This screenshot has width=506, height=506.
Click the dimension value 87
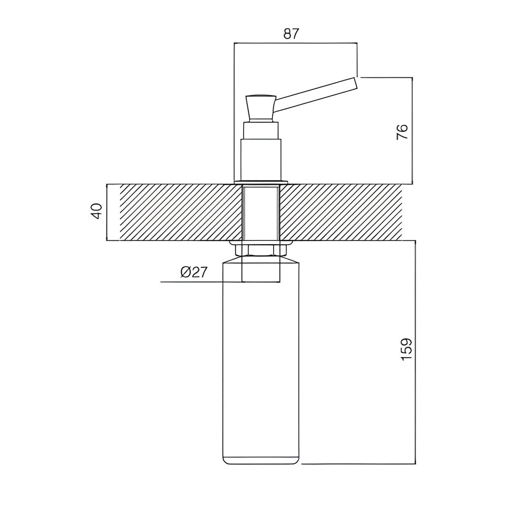[x=291, y=34]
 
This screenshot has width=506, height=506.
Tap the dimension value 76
[x=402, y=132]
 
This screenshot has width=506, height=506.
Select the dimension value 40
[x=96, y=211]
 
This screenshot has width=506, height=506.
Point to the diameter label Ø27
[x=194, y=272]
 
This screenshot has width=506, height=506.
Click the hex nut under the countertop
[x=261, y=250]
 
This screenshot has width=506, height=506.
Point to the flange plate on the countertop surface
[x=261, y=182]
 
